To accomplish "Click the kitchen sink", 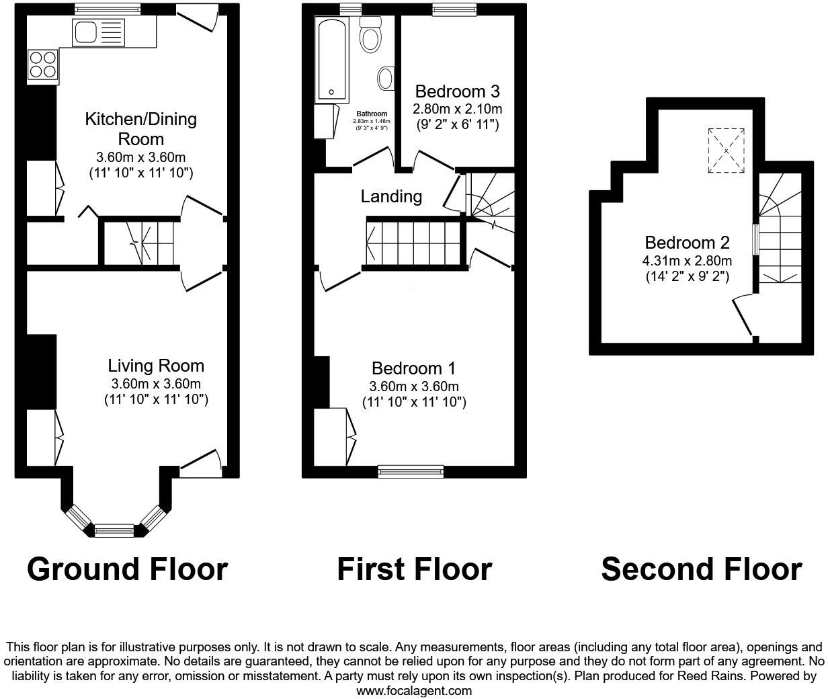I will (x=98, y=32).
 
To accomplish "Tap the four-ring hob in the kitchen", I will (x=42, y=65).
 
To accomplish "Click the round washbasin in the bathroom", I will (x=386, y=78).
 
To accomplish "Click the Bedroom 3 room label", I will (x=457, y=91).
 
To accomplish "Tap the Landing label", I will (x=391, y=196).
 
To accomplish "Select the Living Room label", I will (x=156, y=366).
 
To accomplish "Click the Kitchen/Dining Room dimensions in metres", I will (x=141, y=157).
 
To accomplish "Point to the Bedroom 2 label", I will (x=687, y=243).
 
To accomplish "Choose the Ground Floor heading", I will (x=127, y=569).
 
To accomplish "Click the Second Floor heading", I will (x=701, y=569).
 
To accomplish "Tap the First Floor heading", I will (x=414, y=569).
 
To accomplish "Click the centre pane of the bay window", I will (x=114, y=530).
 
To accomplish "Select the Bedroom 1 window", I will (x=411, y=471).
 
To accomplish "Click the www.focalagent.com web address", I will (x=413, y=690).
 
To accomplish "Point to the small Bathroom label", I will (x=372, y=114).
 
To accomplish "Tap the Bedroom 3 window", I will (x=454, y=9).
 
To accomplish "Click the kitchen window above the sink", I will (x=108, y=9).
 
